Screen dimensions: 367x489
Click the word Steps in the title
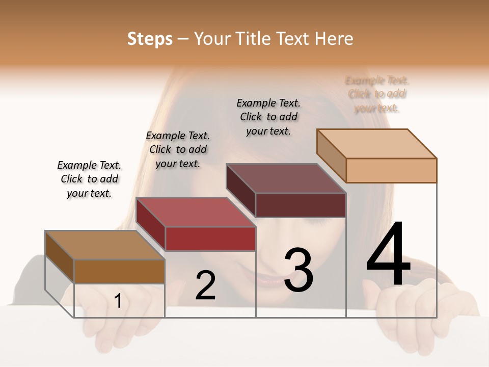pyautogui.click(x=150, y=39)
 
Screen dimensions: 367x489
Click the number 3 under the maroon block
pyautogui.click(x=298, y=270)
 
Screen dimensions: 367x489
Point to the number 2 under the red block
pyautogui.click(x=205, y=285)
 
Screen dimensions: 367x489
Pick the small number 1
pyautogui.click(x=118, y=301)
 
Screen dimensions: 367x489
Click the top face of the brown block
pyautogui.click(x=104, y=245)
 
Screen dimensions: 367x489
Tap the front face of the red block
pyautogui.click(x=210, y=239)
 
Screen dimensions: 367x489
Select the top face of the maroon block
pyautogui.click(x=286, y=178)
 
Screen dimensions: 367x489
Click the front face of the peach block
pyautogui.click(x=391, y=170)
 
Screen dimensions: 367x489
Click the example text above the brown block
pyautogui.click(x=89, y=179)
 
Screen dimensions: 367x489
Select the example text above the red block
pyautogui.click(x=178, y=149)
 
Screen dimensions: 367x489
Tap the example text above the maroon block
pyautogui.click(x=268, y=117)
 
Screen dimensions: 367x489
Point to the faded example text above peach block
pyautogui.click(x=377, y=94)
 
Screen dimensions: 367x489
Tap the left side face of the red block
pyautogui.click(x=150, y=224)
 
